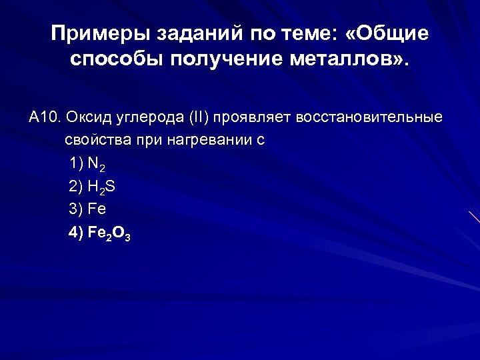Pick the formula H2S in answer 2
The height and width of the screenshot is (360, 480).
(x=101, y=188)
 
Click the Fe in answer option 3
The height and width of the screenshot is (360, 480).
(x=97, y=210)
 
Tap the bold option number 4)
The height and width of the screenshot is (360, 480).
(x=76, y=233)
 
